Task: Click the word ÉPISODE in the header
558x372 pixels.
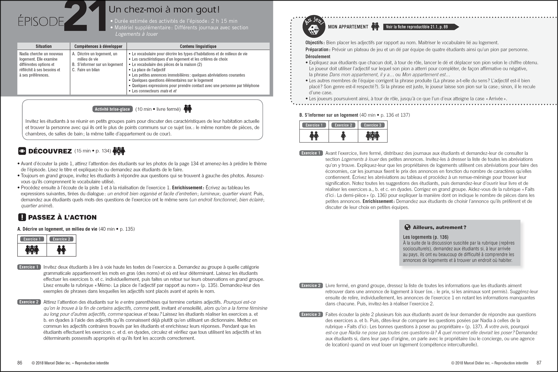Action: pos(41,22)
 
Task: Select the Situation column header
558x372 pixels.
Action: pos(44,46)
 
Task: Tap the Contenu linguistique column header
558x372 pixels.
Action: pos(198,46)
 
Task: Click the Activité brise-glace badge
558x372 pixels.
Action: pos(112,109)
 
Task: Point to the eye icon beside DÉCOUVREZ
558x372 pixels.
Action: pos(22,151)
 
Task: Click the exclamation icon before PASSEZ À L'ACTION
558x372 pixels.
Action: pos(22,217)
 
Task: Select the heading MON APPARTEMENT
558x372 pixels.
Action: pos(348,27)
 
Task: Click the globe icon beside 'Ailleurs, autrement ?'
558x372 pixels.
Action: pos(407,227)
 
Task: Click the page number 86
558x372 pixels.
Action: pos(20,363)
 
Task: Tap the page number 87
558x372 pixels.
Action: pos(539,363)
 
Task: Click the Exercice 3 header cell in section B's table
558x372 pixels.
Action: pos(372,125)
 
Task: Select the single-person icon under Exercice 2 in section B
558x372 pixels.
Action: pos(343,136)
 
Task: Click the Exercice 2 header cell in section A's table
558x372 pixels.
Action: pos(61,239)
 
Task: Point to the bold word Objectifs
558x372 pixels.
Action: pos(315,43)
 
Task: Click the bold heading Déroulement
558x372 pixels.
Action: pos(318,57)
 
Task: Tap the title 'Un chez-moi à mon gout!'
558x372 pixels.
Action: pos(164,10)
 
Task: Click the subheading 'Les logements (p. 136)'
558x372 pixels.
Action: pos(425,237)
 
